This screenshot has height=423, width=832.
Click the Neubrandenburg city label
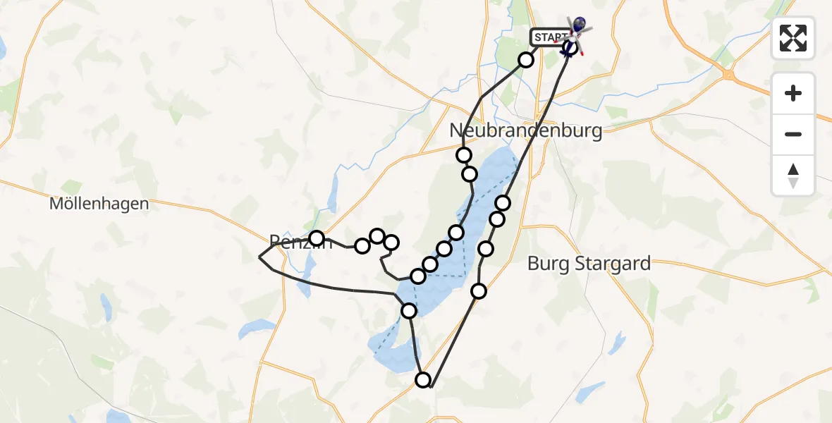click(x=526, y=131)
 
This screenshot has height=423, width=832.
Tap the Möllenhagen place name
click(x=99, y=204)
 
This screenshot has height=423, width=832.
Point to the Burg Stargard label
click(x=589, y=265)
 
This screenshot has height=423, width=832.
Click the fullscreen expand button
click(x=793, y=38)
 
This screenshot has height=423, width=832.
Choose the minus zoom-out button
click(x=793, y=134)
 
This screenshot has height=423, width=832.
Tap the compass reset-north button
click(x=793, y=176)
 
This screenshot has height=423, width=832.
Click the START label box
click(x=550, y=37)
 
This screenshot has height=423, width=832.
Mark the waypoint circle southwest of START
click(x=526, y=60)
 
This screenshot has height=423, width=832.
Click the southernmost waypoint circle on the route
click(x=423, y=381)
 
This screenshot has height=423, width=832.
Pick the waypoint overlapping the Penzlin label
click(x=317, y=238)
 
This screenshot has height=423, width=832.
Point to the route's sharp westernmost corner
click(x=259, y=258)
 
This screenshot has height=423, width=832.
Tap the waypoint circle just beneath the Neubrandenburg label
click(x=464, y=155)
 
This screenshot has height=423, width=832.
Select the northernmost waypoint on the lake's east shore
click(x=503, y=203)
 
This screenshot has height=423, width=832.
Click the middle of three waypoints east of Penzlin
click(x=377, y=235)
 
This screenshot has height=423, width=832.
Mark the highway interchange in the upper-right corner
click(x=728, y=73)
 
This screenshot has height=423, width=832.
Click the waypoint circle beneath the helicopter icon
click(x=570, y=48)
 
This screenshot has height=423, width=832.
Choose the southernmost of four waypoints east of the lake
click(x=479, y=290)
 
